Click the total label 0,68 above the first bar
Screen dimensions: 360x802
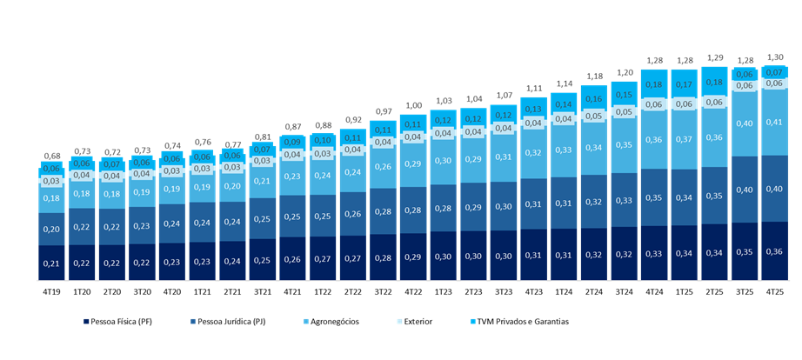pos(51,157)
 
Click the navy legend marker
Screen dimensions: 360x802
pos(86,322)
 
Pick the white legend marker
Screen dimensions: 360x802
pos(399,322)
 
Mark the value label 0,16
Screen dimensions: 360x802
pos(594,99)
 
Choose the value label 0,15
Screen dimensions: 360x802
pos(625,95)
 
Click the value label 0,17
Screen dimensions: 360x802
pos(685,85)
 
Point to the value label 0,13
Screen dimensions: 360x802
pos(534,109)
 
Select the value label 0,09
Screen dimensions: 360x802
pos(292,142)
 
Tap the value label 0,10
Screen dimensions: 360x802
pos(323,140)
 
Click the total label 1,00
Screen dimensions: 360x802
pos(413,105)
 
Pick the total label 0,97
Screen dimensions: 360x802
pos(383,111)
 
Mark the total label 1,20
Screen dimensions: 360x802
pos(625,72)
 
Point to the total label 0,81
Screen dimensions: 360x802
pos(262,137)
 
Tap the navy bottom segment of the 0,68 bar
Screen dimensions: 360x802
pos(51,263)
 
